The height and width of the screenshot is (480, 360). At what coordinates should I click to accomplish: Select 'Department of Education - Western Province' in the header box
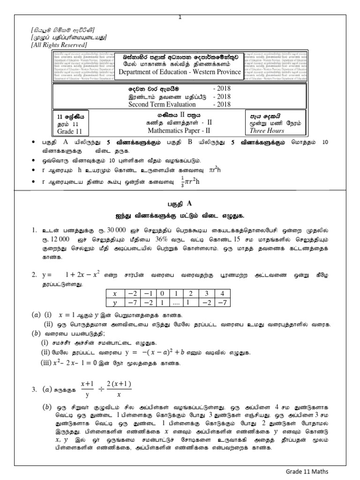tap(179, 72)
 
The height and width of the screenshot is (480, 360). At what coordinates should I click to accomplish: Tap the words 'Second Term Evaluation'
tap(161, 105)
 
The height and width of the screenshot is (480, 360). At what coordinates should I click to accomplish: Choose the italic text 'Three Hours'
tap(268, 131)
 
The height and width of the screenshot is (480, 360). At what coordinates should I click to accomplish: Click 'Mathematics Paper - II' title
tap(180, 131)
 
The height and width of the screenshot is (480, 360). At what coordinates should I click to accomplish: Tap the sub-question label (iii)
tap(47, 363)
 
